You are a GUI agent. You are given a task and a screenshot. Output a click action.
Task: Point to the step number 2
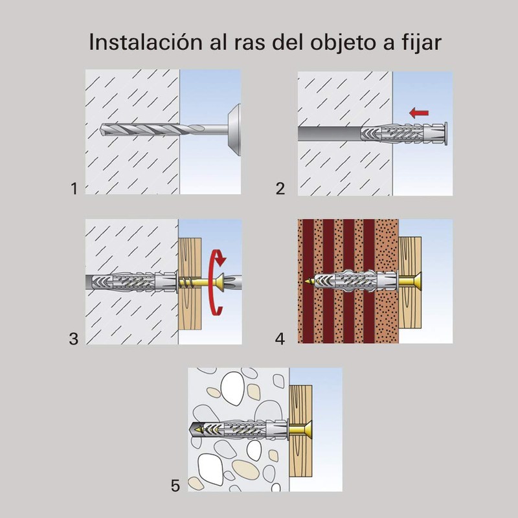point(280,189)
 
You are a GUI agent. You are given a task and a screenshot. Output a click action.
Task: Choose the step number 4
point(280,338)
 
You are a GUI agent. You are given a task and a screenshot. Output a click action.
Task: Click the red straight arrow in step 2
point(420,113)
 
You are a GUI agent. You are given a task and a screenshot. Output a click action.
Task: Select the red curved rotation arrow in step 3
point(218,284)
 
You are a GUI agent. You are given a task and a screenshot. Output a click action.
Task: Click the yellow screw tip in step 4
point(310,282)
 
